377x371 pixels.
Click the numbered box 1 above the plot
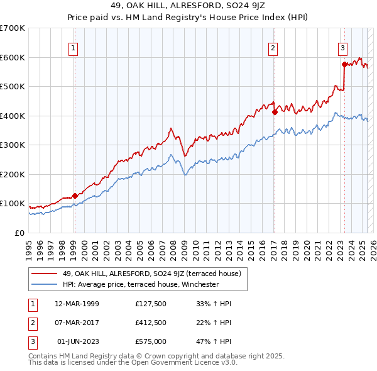point(74,47)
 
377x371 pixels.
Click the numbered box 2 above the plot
point(274,47)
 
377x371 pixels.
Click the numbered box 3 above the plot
point(343,47)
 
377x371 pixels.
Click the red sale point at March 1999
point(75,196)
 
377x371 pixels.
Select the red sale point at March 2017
point(275,113)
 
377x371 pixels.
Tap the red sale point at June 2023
point(344,64)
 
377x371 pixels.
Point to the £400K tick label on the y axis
point(13,116)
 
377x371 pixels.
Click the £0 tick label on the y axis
point(19,233)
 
